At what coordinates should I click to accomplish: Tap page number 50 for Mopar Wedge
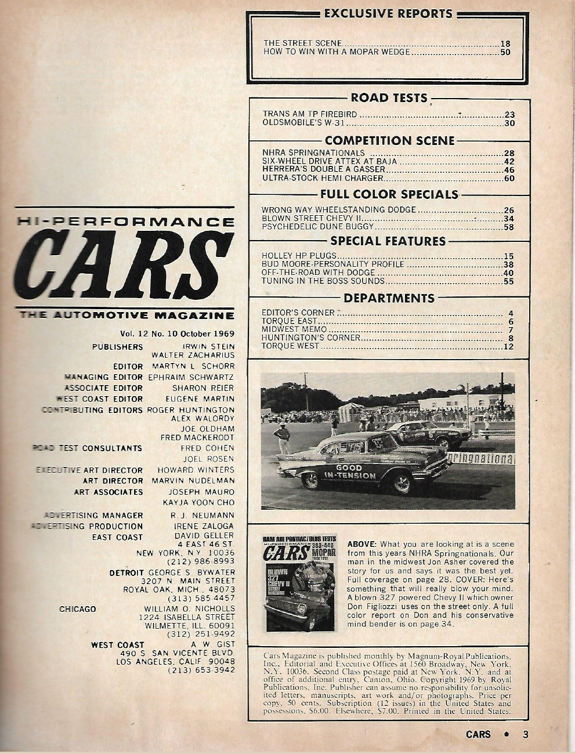pos(505,52)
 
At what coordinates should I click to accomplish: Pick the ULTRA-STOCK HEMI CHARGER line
pos(323,178)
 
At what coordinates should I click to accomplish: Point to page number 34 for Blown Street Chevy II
pos(509,219)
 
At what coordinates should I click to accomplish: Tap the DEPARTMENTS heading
pos(389,298)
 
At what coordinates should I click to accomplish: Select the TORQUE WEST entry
pos(290,346)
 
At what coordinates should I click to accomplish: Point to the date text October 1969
pos(207,334)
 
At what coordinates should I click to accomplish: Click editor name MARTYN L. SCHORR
pos(193,366)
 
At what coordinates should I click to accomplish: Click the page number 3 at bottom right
pos(525,734)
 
